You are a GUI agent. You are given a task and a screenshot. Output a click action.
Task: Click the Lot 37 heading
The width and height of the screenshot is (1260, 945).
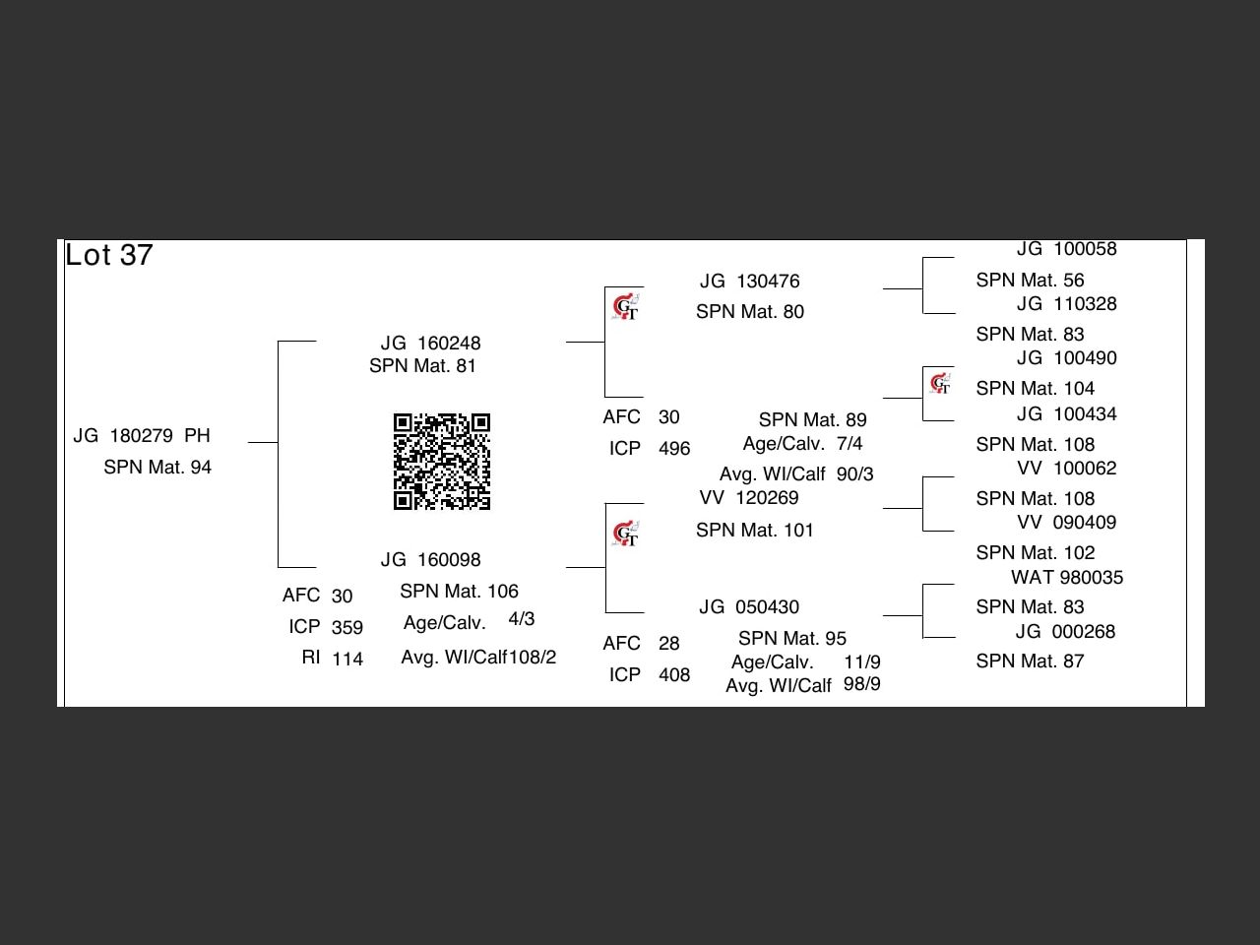tap(109, 256)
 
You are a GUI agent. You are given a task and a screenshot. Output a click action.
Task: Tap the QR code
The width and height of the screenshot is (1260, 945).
tap(442, 462)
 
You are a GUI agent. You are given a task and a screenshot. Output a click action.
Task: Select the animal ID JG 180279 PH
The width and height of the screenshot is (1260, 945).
tap(142, 436)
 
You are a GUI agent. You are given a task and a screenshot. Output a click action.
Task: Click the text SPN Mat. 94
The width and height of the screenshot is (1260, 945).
tap(157, 468)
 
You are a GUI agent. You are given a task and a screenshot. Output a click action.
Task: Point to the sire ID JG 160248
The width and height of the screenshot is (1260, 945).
tap(430, 344)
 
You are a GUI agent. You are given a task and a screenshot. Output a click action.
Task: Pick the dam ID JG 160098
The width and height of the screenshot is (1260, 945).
tap(430, 560)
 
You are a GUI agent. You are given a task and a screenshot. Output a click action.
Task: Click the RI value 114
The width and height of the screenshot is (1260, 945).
tap(347, 659)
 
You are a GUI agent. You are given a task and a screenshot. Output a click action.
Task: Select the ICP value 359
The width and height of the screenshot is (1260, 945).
tap(347, 627)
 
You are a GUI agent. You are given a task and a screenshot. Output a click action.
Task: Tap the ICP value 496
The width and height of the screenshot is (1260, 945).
tap(674, 449)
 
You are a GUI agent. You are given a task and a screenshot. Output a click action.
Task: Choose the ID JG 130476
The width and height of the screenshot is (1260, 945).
tap(749, 282)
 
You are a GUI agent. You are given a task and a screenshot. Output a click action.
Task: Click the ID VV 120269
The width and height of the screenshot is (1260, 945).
tap(748, 498)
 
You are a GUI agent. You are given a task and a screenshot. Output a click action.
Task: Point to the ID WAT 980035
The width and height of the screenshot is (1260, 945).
tap(1066, 578)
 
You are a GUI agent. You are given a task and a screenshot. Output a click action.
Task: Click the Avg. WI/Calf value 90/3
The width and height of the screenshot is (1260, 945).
tap(854, 474)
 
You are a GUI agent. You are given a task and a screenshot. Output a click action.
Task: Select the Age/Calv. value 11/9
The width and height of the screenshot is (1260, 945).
tap(861, 662)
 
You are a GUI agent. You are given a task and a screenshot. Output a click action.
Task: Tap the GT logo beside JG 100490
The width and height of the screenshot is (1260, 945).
tap(940, 383)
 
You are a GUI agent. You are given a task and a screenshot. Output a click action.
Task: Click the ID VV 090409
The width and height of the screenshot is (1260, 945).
tap(1066, 523)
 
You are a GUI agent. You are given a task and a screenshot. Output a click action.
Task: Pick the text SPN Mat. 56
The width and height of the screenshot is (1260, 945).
tap(1030, 281)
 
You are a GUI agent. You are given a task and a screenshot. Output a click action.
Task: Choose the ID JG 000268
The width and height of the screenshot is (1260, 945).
tap(1066, 632)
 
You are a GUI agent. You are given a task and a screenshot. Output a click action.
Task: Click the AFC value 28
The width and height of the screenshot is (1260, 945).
tap(669, 644)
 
